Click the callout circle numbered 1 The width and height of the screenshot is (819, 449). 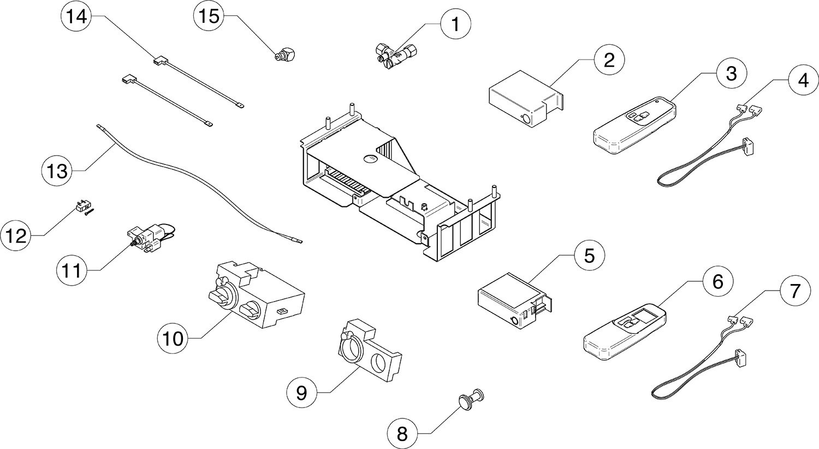(x=452, y=24)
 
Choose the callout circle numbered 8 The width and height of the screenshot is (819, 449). (x=402, y=434)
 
